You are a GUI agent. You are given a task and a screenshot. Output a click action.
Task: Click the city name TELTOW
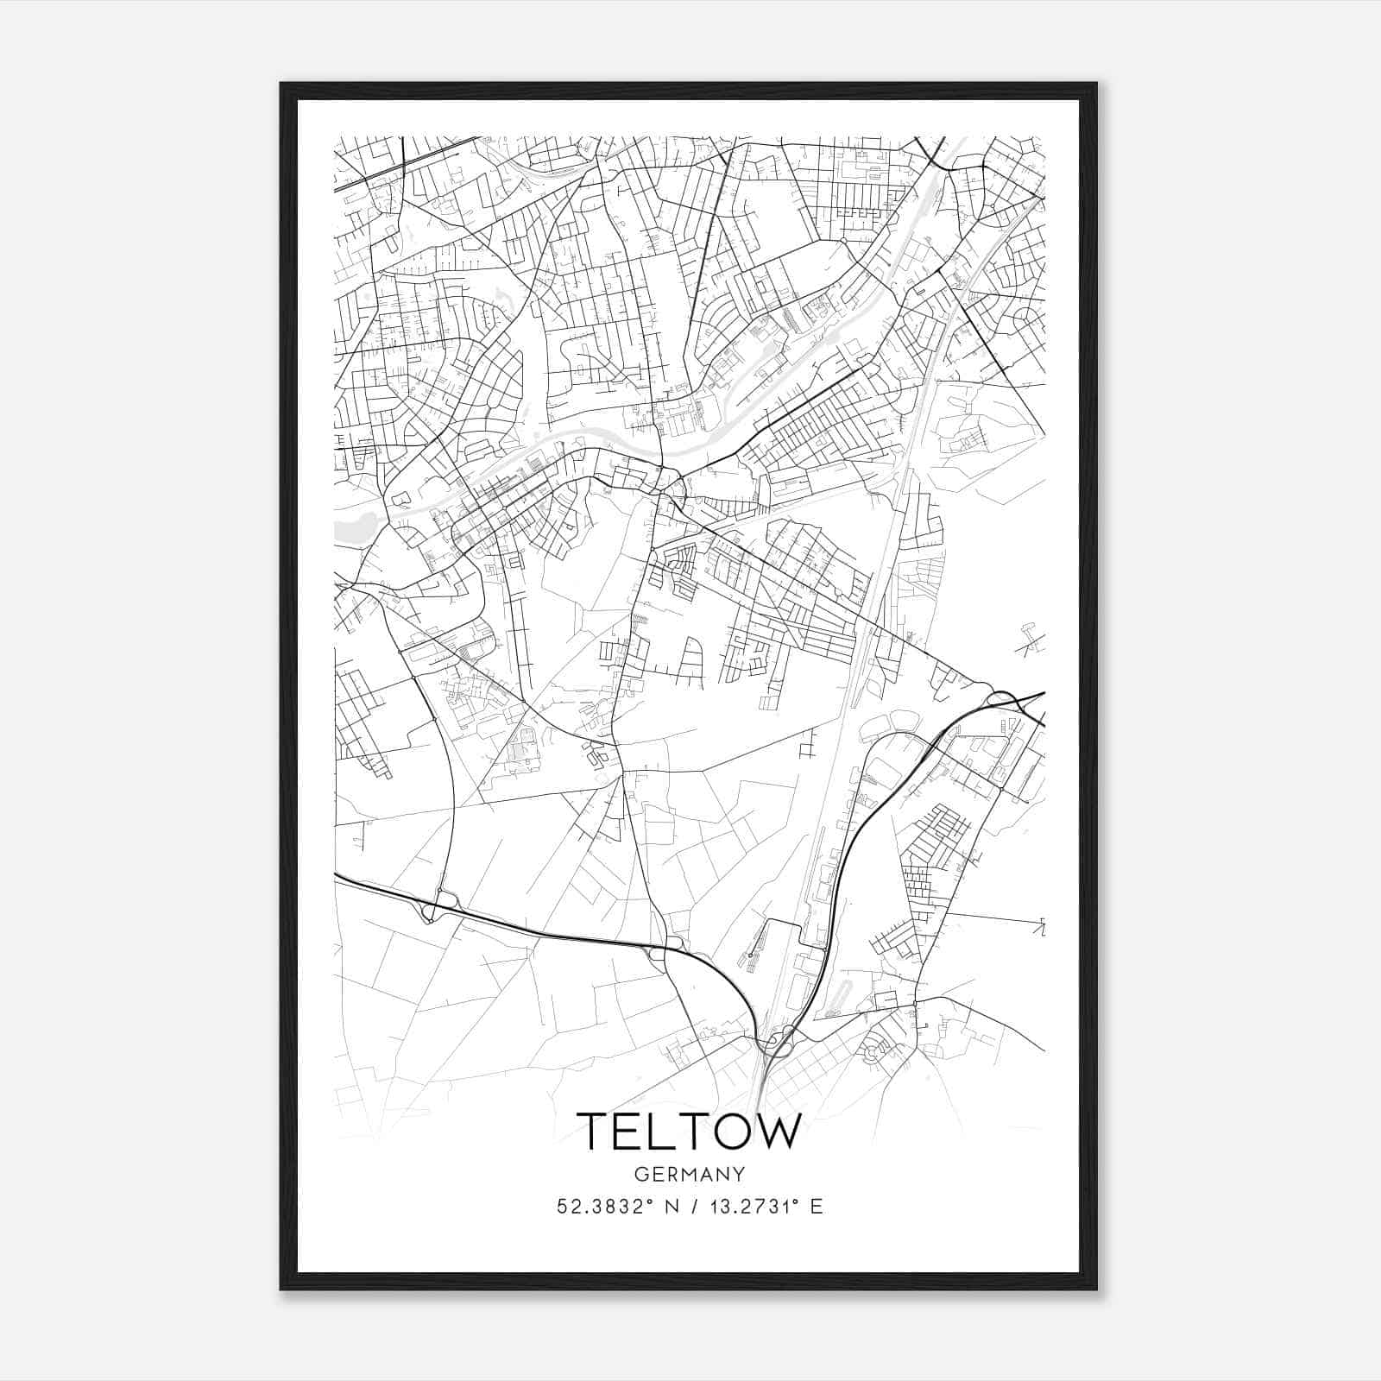(x=689, y=1132)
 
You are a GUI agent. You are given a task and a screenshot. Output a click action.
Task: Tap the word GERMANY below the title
(x=689, y=1175)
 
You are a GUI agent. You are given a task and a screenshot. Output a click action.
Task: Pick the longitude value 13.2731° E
(x=763, y=1207)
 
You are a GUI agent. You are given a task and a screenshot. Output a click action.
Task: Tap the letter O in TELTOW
(x=730, y=1132)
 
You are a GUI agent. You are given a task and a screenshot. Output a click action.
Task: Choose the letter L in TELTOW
(x=662, y=1132)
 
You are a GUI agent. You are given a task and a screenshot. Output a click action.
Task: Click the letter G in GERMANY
(x=640, y=1175)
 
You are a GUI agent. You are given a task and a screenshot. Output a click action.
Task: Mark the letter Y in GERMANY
(x=739, y=1175)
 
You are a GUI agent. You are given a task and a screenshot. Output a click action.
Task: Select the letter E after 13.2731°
(x=817, y=1207)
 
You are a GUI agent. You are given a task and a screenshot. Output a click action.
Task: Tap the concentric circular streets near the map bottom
(x=873, y=1051)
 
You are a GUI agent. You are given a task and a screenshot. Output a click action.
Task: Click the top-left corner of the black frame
(x=281, y=85)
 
